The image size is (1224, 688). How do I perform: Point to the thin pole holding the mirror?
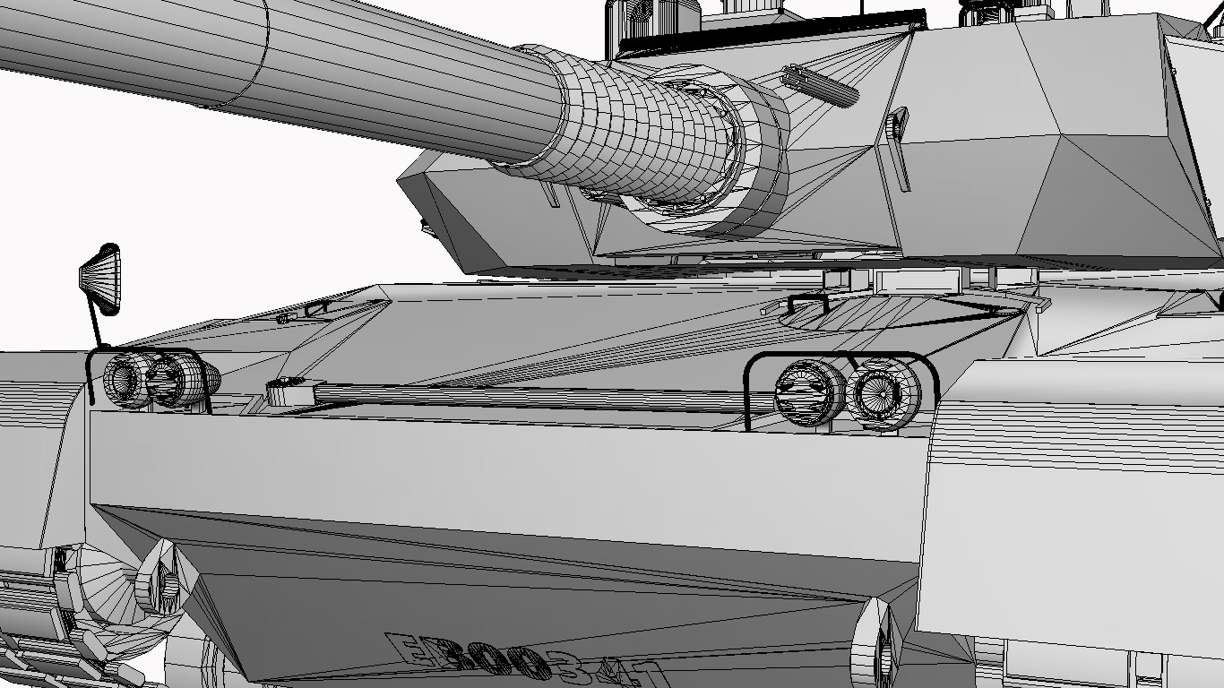coord(94,324)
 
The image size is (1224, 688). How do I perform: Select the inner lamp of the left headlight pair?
coord(170,381)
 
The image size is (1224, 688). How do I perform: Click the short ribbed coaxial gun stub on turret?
coord(818,84)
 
